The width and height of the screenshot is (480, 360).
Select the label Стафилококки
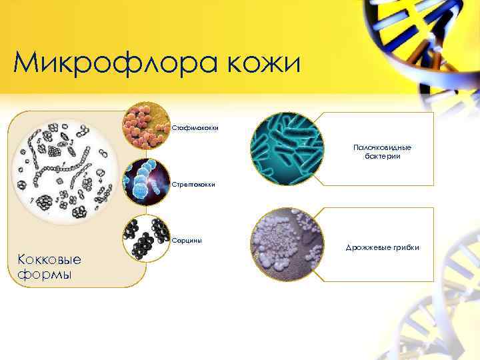click(195, 127)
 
